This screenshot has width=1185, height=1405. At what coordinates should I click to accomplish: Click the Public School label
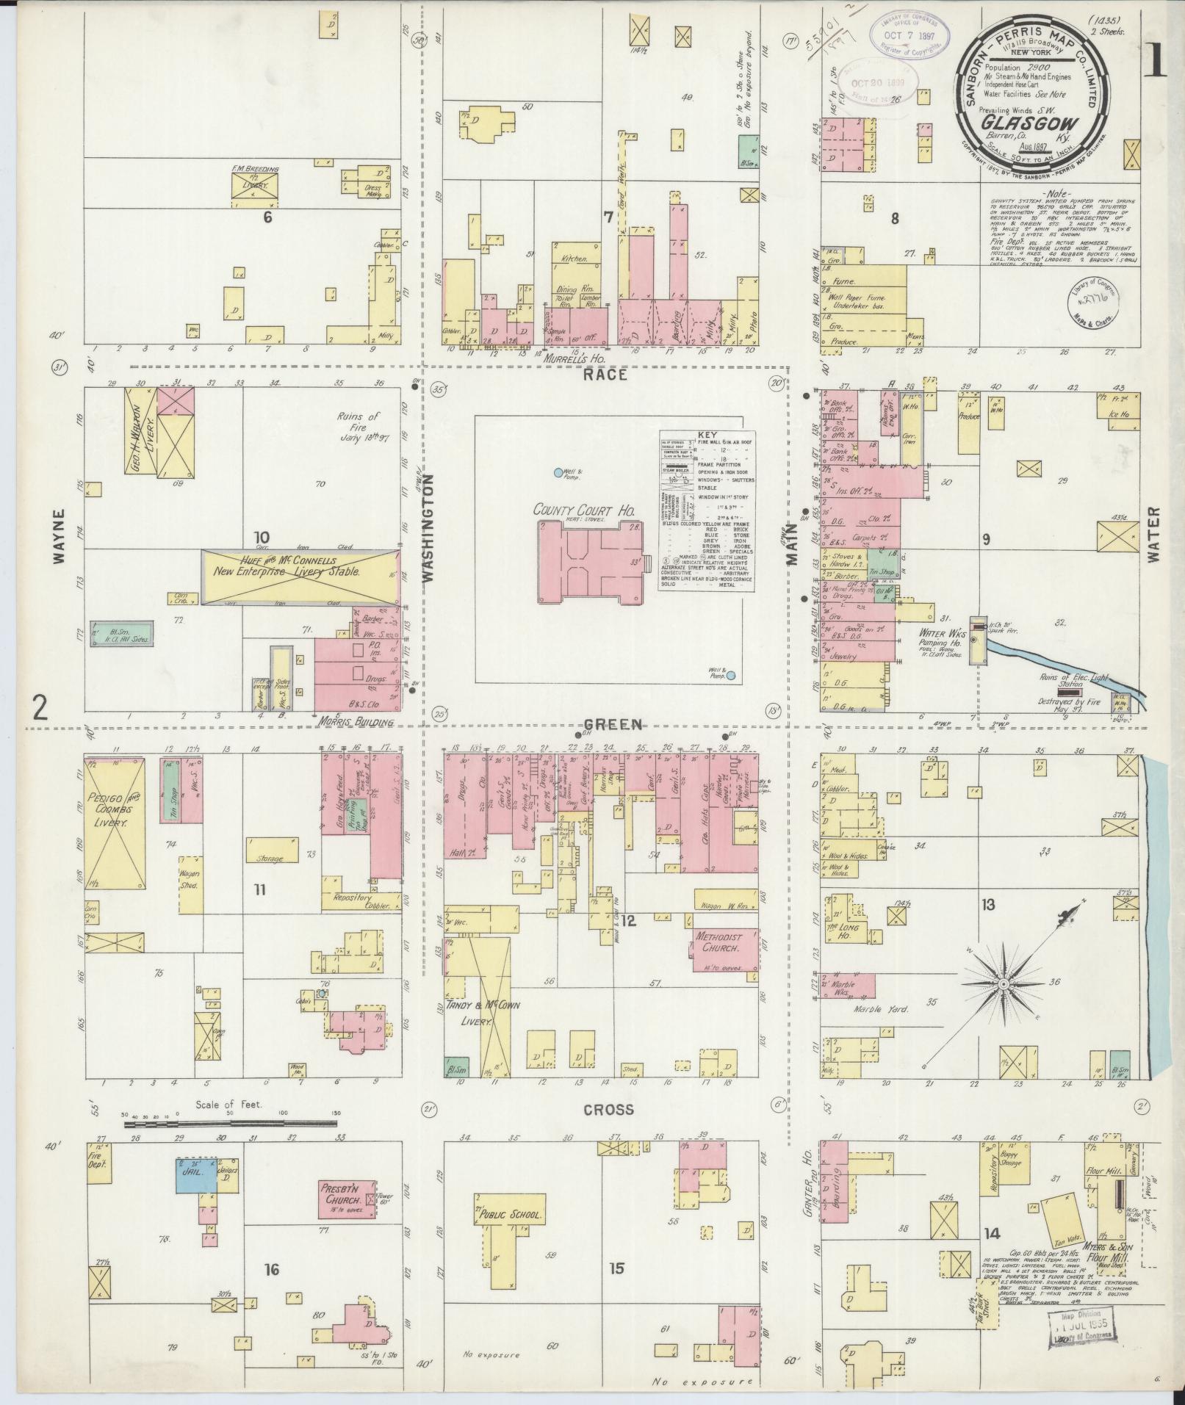coord(509,1215)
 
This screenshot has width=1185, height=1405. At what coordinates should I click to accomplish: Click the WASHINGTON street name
coord(428,527)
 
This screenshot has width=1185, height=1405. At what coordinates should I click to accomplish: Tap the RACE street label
coord(605,375)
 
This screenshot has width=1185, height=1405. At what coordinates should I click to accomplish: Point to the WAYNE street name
coord(60,535)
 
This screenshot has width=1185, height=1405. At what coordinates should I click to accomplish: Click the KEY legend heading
coord(707,435)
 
